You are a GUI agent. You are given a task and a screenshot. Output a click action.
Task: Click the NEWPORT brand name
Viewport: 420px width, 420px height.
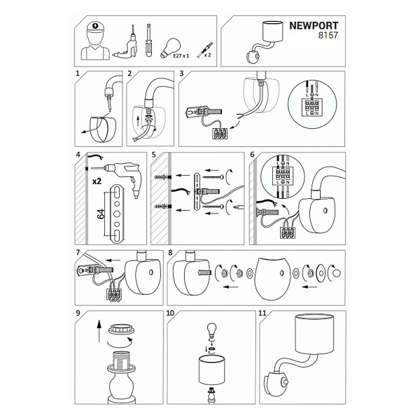(x=314, y=26)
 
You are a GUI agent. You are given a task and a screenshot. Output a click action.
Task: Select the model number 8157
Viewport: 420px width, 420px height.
(x=328, y=35)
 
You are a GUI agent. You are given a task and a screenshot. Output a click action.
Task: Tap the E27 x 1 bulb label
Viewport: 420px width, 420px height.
(x=181, y=56)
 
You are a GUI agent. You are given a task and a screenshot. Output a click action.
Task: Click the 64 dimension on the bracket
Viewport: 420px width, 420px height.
(x=101, y=214)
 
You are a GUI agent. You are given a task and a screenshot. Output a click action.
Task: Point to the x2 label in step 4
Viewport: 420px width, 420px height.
(x=97, y=181)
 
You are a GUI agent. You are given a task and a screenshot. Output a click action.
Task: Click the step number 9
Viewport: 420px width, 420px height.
(x=78, y=313)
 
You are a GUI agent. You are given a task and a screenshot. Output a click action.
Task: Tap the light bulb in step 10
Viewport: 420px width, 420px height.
(x=212, y=330)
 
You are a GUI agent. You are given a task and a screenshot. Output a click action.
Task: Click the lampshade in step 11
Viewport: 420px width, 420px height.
(x=315, y=334)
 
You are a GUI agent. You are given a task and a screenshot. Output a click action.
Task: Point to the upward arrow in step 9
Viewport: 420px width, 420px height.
(x=99, y=331)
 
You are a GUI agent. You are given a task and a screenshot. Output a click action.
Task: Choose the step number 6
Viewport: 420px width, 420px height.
(x=252, y=155)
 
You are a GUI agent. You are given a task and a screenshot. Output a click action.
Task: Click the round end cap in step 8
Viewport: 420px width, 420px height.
(x=337, y=273)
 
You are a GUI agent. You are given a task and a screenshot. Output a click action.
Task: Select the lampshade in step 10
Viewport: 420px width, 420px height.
(x=211, y=370)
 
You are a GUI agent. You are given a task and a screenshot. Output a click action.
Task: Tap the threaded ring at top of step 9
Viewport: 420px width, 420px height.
(x=121, y=329)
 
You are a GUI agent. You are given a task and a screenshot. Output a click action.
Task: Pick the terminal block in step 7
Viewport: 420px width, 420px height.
(x=114, y=295)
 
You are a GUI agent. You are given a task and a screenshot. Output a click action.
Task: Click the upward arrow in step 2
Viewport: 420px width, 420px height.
(x=139, y=120)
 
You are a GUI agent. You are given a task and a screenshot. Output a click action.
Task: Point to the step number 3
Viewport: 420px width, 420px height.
(x=181, y=73)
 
